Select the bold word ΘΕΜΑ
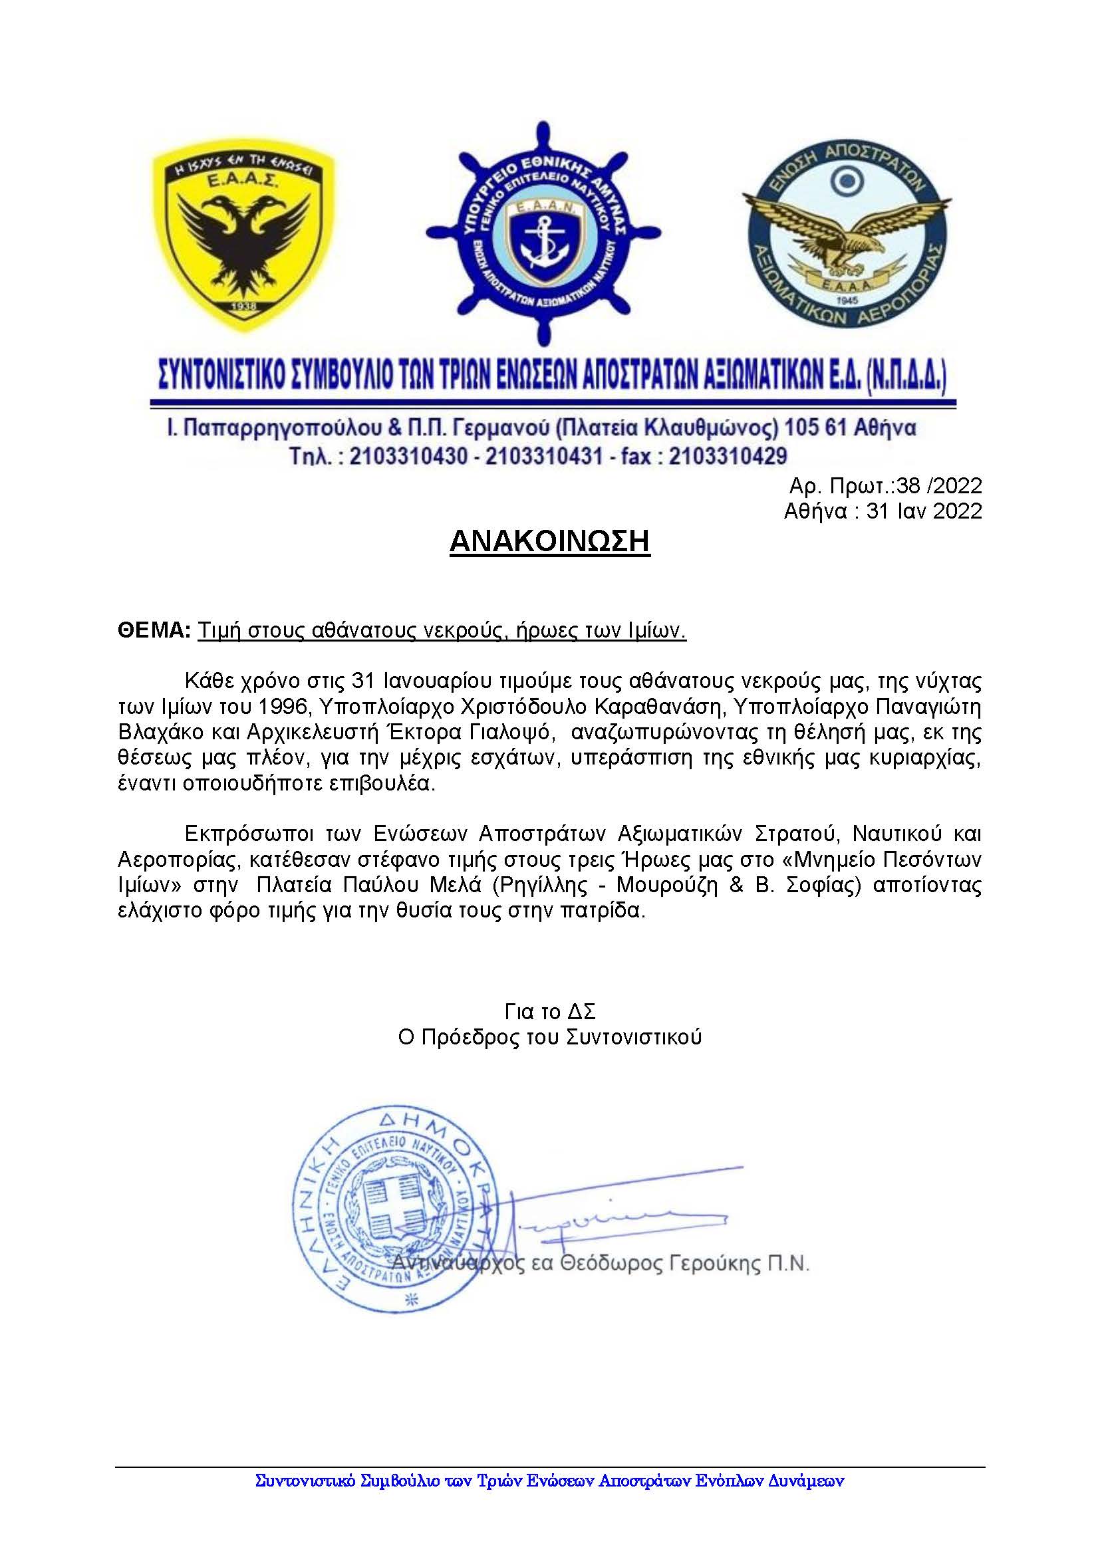click(154, 630)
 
